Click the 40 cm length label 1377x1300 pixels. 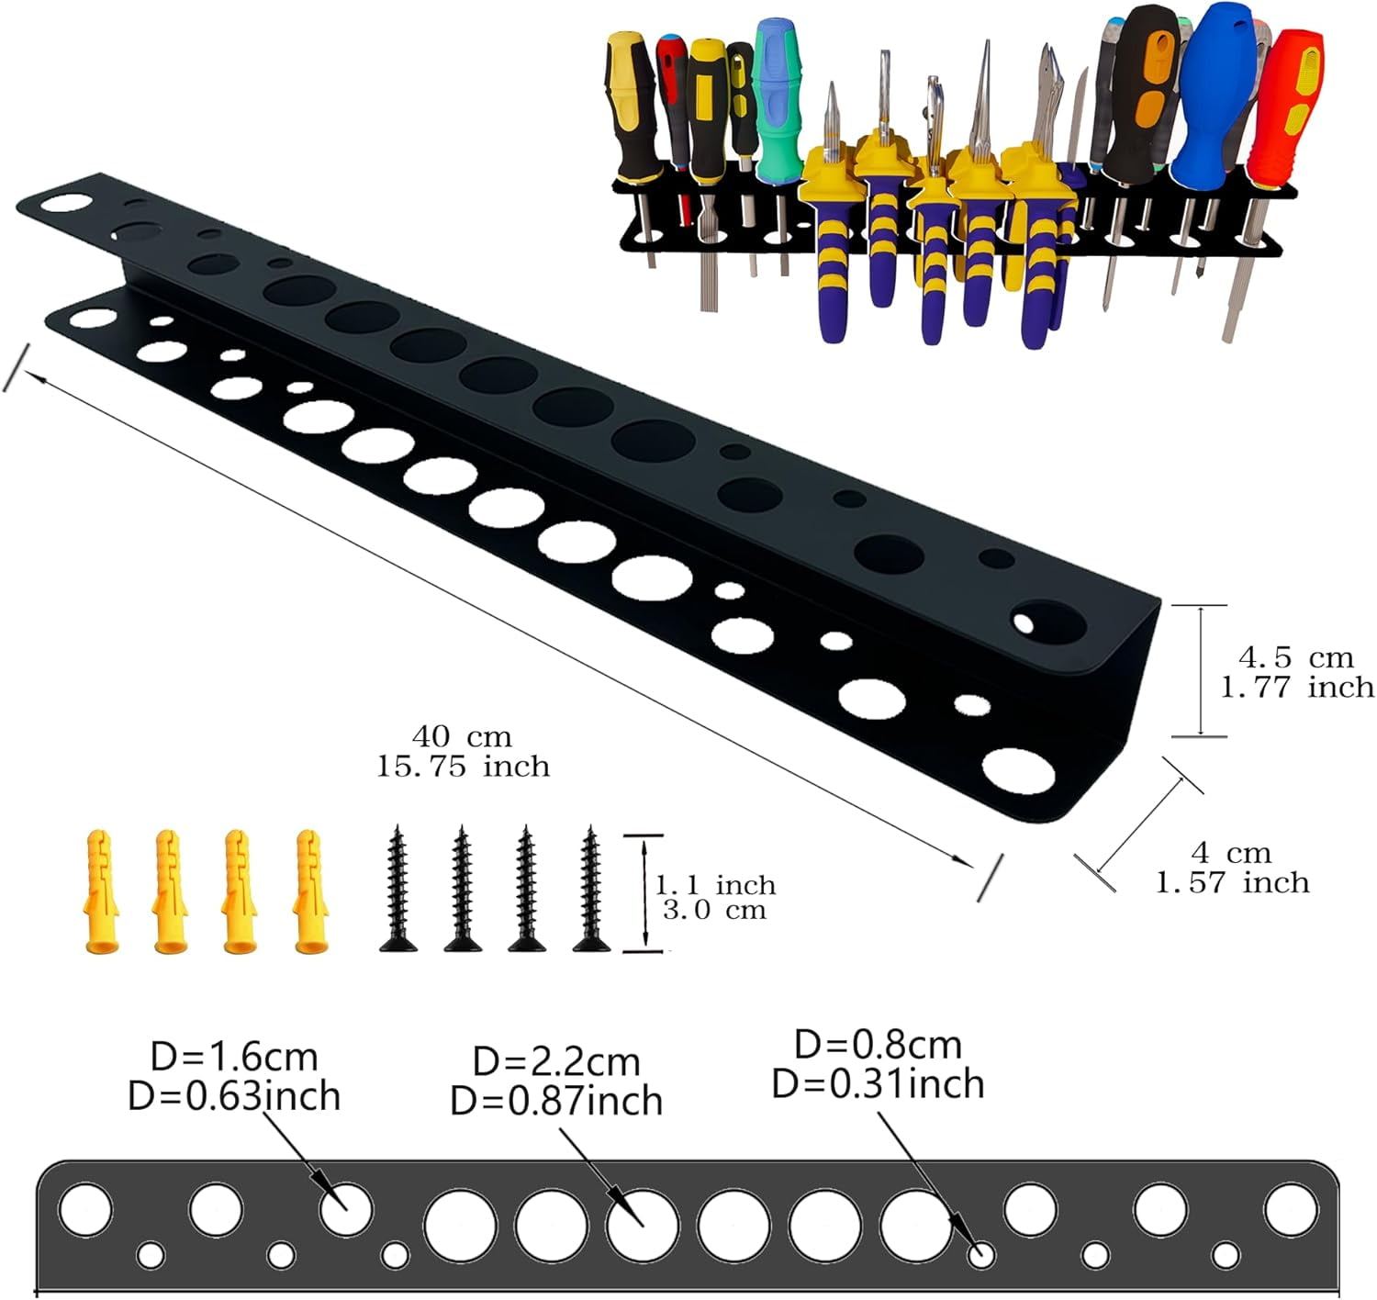point(462,736)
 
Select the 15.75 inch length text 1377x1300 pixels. point(463,767)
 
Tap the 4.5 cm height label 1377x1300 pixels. point(1295,657)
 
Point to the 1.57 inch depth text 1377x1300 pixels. point(1232,883)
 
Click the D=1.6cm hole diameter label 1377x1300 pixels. point(234,1057)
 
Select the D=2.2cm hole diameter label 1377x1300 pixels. point(556,1061)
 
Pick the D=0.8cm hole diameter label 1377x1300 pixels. point(878,1045)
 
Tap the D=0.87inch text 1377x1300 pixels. point(556,1101)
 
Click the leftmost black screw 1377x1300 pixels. point(397,888)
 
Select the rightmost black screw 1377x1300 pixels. point(588,888)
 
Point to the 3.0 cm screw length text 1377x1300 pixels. point(714,911)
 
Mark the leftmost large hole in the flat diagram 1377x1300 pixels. point(85,1208)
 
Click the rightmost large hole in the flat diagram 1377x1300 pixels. point(1290,1209)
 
